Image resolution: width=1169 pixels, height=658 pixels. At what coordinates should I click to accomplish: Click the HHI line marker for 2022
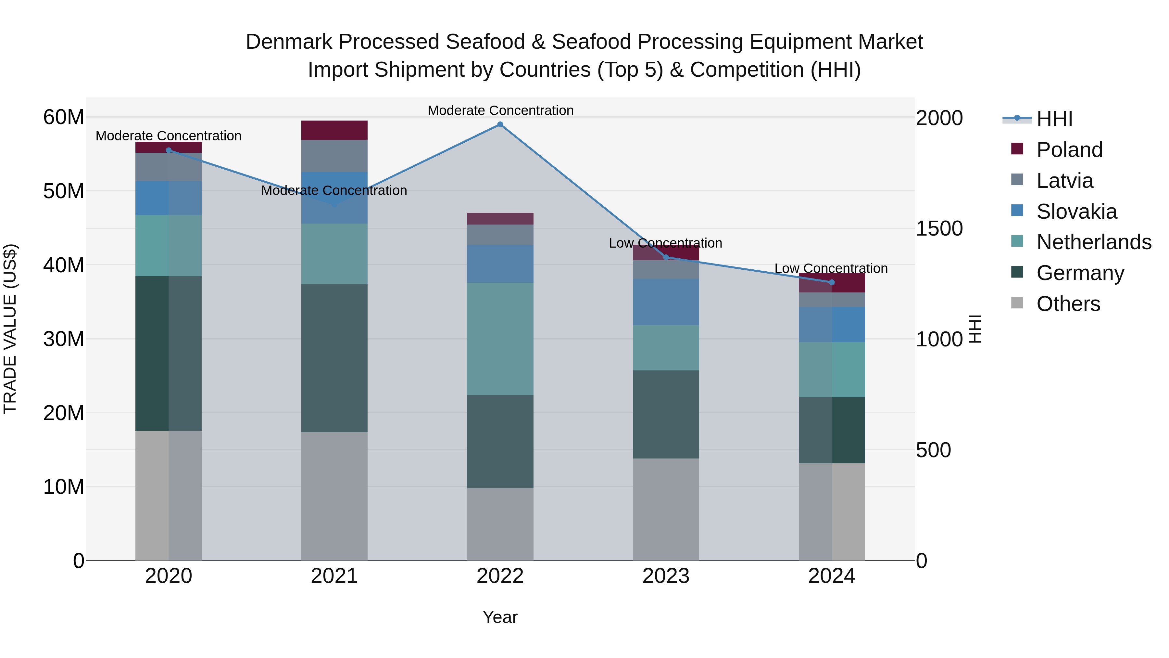(x=500, y=124)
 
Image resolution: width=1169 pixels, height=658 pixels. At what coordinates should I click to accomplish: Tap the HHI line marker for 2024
(x=832, y=282)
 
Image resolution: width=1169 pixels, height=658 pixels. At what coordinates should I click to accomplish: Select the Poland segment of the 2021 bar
(x=334, y=130)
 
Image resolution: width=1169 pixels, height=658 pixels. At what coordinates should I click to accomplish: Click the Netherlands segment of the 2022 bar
(x=500, y=339)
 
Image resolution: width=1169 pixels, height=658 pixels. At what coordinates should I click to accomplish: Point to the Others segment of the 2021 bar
(x=334, y=496)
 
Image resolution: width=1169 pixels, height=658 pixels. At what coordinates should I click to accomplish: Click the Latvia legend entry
(x=1065, y=181)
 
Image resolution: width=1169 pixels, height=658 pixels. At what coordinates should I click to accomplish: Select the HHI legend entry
(x=1054, y=119)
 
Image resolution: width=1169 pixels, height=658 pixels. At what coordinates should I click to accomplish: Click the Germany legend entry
(x=1080, y=273)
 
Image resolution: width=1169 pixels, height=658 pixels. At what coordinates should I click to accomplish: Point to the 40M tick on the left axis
(x=64, y=265)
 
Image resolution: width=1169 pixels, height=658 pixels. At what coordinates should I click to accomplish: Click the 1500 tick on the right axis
(x=939, y=228)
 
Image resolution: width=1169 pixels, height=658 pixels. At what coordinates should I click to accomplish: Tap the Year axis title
(x=500, y=617)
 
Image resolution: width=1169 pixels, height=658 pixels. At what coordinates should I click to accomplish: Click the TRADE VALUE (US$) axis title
(x=10, y=329)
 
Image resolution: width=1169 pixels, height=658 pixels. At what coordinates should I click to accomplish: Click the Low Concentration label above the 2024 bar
(x=831, y=268)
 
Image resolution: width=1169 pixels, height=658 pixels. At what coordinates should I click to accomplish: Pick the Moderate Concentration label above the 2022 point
(x=500, y=110)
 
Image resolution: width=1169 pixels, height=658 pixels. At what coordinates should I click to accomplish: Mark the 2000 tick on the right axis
(x=939, y=118)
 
